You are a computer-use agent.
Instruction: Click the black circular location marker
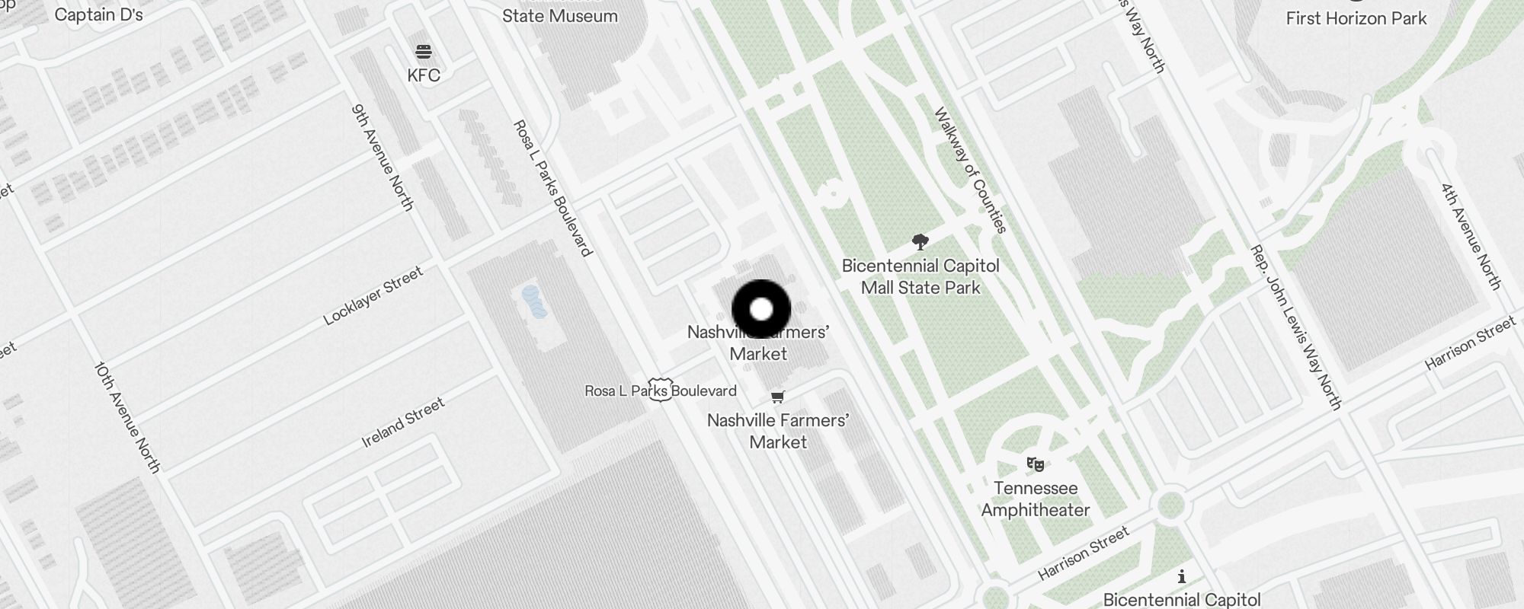click(x=761, y=310)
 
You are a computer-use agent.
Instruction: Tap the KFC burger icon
click(x=424, y=52)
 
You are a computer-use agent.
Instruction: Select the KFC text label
click(x=424, y=75)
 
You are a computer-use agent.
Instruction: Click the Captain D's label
click(x=99, y=15)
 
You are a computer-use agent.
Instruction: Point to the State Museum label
click(x=560, y=16)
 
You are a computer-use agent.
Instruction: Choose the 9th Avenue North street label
click(x=383, y=158)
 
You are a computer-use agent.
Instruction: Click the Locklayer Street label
click(x=373, y=296)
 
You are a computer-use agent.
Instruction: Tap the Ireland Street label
click(x=402, y=422)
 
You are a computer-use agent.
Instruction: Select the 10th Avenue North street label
click(x=127, y=417)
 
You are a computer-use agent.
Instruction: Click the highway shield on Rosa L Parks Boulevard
click(x=660, y=390)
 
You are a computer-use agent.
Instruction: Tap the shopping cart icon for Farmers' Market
click(x=777, y=397)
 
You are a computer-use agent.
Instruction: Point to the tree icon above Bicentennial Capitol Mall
click(x=920, y=243)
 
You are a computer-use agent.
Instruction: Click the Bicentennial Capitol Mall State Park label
click(x=920, y=277)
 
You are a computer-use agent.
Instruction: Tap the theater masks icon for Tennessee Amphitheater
click(x=1035, y=464)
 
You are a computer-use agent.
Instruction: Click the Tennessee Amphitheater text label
click(x=1036, y=499)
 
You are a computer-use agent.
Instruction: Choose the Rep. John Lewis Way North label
click(x=1295, y=327)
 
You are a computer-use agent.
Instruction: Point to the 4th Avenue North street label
click(x=1471, y=236)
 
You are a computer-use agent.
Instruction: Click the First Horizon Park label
click(x=1356, y=18)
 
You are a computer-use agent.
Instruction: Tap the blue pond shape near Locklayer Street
click(x=534, y=302)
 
